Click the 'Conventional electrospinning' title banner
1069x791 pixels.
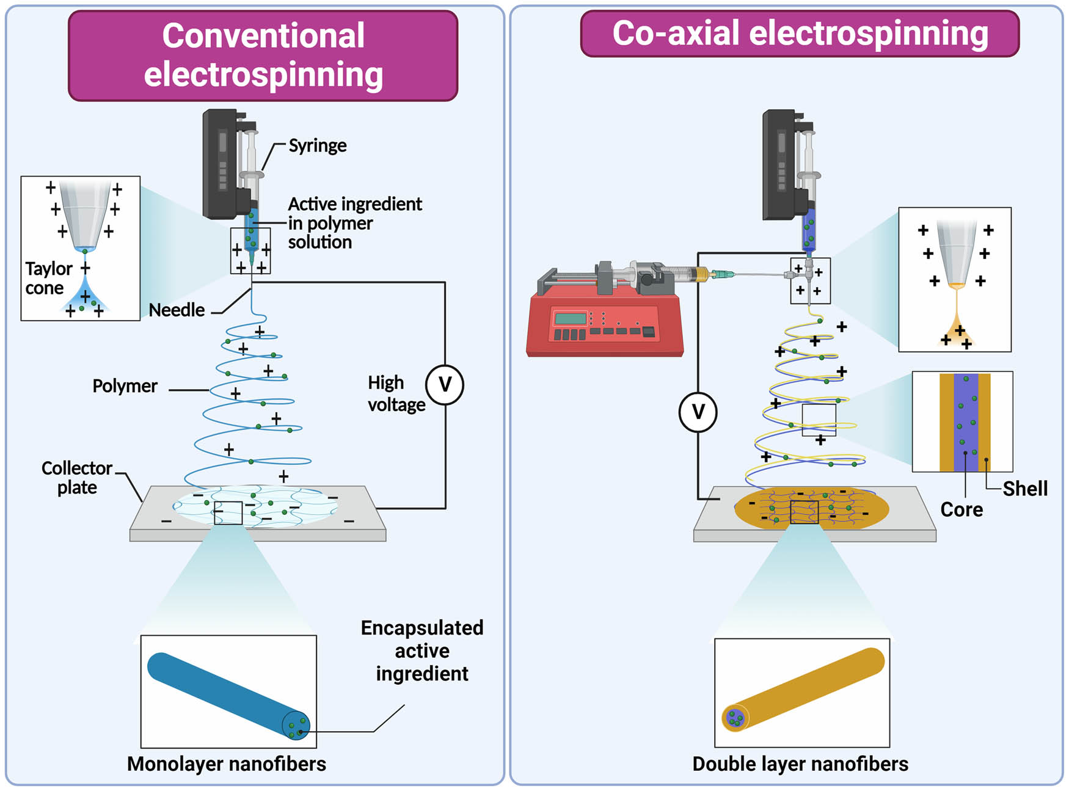click(x=263, y=55)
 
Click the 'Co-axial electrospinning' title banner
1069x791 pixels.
click(x=800, y=34)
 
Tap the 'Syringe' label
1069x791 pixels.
click(x=317, y=145)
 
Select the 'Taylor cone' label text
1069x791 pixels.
click(x=48, y=278)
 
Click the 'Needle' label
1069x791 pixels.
click(x=177, y=310)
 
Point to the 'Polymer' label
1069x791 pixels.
click(x=125, y=386)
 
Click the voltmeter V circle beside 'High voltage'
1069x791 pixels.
click(x=445, y=385)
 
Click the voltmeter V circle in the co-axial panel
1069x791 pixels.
click(x=698, y=412)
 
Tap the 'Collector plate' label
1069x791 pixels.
click(x=76, y=478)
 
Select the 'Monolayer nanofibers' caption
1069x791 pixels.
click(x=226, y=764)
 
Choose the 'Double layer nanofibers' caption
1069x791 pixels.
click(x=800, y=764)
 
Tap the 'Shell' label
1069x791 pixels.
click(x=1024, y=489)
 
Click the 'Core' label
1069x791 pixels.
click(x=961, y=509)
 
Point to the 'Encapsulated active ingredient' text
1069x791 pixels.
click(x=421, y=651)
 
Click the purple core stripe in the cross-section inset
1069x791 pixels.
click(x=965, y=421)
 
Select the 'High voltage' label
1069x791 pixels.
click(x=395, y=394)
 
